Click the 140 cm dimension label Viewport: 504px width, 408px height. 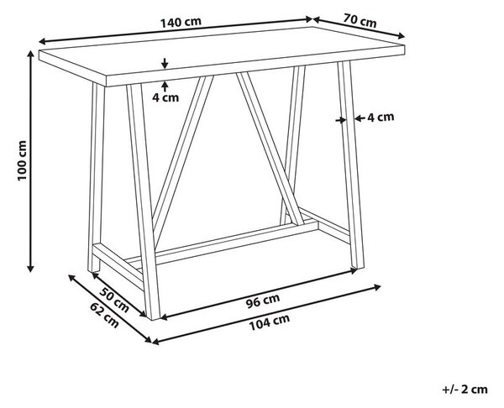coord(181,22)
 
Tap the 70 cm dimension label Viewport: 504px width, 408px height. coord(360,20)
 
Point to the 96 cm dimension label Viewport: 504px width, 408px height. coord(263,301)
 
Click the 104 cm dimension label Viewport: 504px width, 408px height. coord(270,322)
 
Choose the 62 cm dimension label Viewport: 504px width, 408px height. coord(104,316)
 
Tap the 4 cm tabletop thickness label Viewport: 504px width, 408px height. coord(165,97)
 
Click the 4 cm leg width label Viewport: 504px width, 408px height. coord(381,118)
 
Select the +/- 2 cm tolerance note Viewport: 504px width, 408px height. coord(465,390)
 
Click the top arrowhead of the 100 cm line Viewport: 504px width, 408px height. coord(30,54)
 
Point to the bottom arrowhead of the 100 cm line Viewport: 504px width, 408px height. coord(30,269)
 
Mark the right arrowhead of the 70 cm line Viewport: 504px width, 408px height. coord(401,36)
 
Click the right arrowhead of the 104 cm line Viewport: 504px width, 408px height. coord(377,287)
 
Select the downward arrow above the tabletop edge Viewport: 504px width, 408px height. coord(165,64)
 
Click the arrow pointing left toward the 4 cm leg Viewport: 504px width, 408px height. coord(360,118)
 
